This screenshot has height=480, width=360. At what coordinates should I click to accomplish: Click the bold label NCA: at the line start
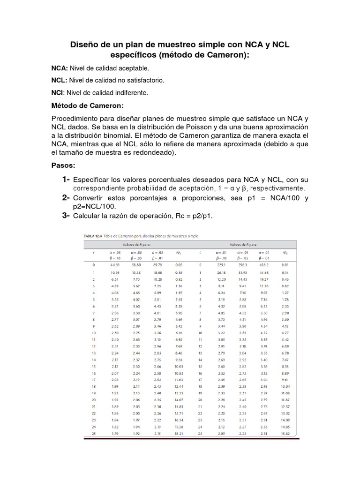coord(60,68)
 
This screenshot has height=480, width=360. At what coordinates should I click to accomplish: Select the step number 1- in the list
coord(66,180)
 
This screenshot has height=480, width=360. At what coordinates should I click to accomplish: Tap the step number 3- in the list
coord(66,215)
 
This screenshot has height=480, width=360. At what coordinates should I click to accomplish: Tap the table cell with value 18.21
coord(178,434)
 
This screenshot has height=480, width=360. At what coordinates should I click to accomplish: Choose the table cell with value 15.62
coord(285,434)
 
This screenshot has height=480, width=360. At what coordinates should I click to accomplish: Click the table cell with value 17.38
coord(178,427)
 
